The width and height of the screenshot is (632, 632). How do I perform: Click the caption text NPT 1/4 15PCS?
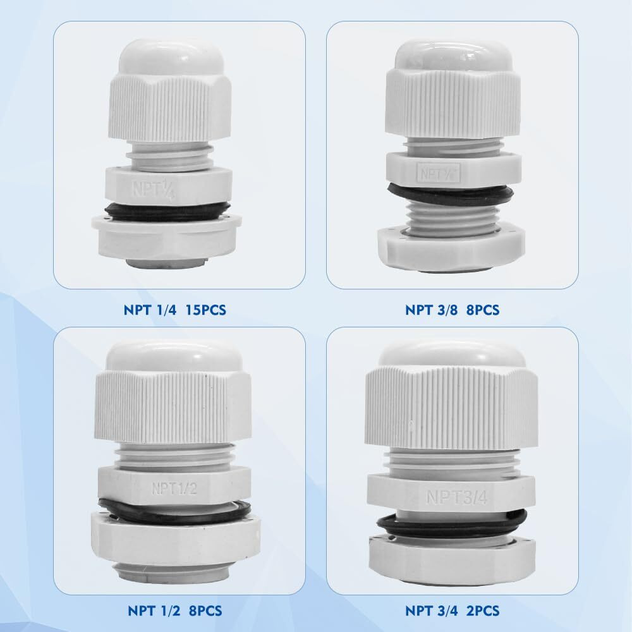tap(174, 310)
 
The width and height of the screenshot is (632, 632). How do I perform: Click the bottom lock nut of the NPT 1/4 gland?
tap(167, 236)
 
